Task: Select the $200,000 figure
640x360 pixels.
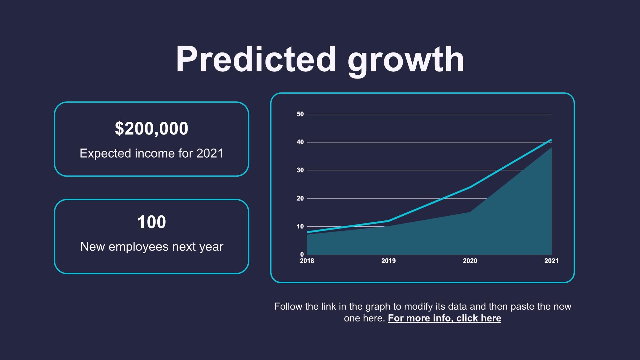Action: point(151,129)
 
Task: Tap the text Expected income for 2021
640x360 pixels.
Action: point(151,153)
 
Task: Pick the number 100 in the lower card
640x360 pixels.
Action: point(151,222)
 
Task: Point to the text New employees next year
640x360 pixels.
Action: point(152,247)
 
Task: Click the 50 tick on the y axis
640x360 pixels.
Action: point(300,114)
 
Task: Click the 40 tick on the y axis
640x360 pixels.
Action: point(300,142)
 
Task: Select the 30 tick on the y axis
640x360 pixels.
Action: point(300,170)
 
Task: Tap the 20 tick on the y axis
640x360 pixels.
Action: point(300,198)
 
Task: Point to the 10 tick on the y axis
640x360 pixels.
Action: point(300,226)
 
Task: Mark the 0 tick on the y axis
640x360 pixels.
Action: point(302,254)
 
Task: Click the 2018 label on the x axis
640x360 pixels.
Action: point(307,261)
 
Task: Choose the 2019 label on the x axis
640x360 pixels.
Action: point(388,261)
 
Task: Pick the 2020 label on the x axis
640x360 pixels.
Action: point(470,261)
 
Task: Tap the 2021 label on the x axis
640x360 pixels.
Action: point(551,261)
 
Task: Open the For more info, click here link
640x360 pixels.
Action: point(444,318)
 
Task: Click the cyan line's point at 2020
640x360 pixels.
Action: point(470,187)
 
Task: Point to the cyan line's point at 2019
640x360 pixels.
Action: point(388,221)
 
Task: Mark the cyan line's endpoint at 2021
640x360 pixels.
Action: point(551,140)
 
